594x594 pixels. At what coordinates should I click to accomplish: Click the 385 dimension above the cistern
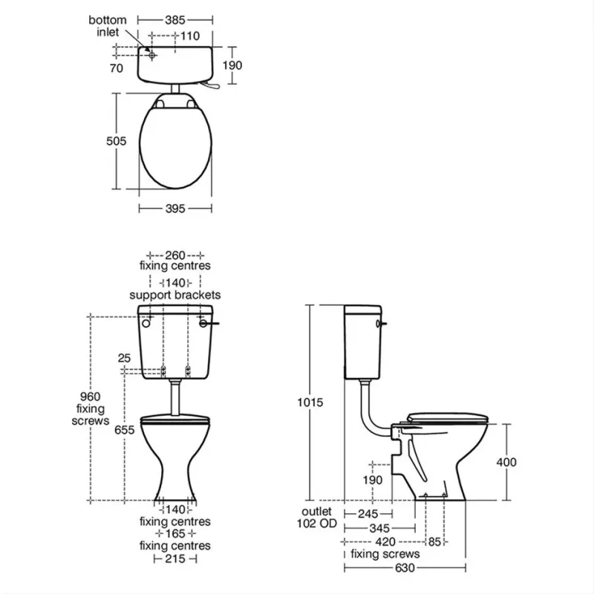coord(175,20)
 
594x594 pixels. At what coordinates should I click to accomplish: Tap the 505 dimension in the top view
coord(116,141)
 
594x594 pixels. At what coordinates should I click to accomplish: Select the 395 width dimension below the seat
coord(175,209)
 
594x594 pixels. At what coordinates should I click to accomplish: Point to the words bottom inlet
coord(107,26)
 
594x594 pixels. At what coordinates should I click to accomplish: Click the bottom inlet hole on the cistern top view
coord(152,55)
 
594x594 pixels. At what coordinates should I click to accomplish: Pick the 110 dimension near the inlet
coord(190,36)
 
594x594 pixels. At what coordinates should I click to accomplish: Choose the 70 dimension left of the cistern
coord(117,68)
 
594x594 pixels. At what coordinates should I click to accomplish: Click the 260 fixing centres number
coord(175,255)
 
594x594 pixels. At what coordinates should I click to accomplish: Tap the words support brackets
coord(175,295)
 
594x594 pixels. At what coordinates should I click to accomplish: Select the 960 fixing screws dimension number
coord(90,396)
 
